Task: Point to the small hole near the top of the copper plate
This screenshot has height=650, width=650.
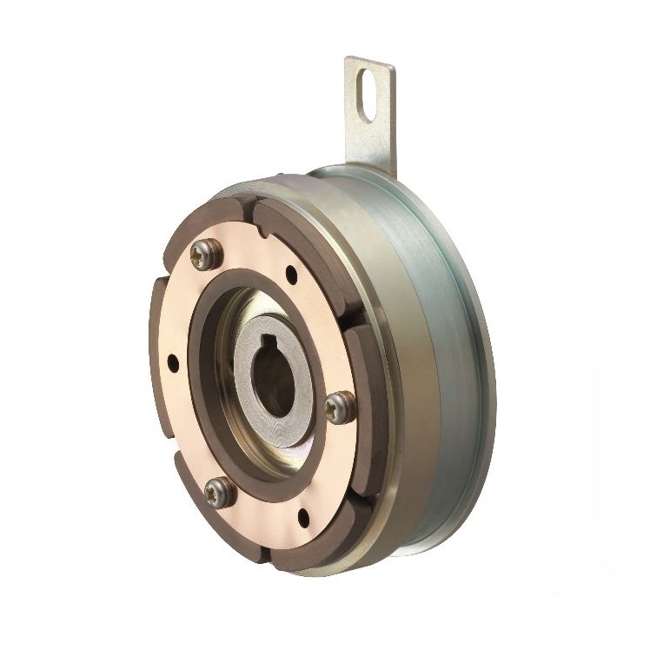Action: tap(290, 278)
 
